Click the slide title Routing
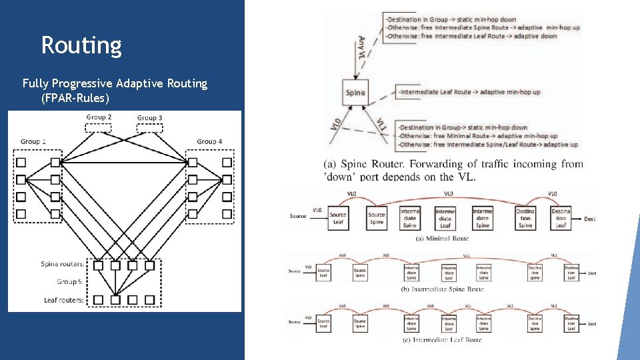point(81,45)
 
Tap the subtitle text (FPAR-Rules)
point(75,98)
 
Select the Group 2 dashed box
point(99,127)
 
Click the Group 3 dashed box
point(149,128)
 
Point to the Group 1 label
point(33,141)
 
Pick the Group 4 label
point(209,141)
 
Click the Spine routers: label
point(63,265)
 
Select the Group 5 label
point(69,282)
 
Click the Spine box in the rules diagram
point(356,92)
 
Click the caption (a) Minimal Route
point(443,238)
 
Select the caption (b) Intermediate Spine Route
point(443,289)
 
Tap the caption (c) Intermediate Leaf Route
point(443,340)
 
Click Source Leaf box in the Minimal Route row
point(338,218)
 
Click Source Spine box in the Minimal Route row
point(377,218)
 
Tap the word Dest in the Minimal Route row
point(589,219)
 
